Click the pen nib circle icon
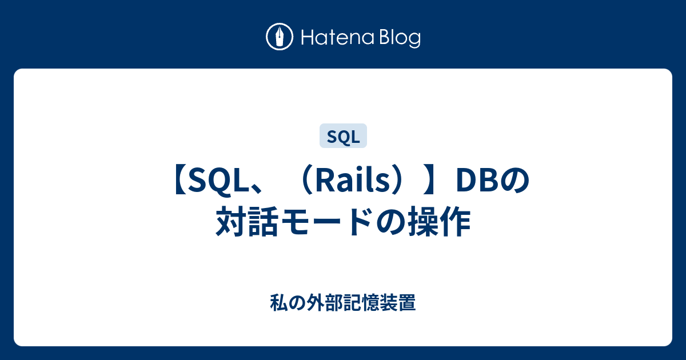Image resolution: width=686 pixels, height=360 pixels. click(x=280, y=37)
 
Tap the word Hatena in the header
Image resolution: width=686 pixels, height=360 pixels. click(x=337, y=38)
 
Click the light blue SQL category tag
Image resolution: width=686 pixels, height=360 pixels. click(x=343, y=136)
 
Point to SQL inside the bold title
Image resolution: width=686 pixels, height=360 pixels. click(x=218, y=181)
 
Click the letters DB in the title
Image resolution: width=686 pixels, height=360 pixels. click(x=478, y=181)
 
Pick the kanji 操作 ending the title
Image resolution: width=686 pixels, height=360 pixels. click(x=440, y=221)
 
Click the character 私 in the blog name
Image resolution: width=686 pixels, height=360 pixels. click(x=279, y=302)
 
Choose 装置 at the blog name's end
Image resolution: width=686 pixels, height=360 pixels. click(x=398, y=302)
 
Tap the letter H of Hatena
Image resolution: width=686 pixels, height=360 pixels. click(x=308, y=38)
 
